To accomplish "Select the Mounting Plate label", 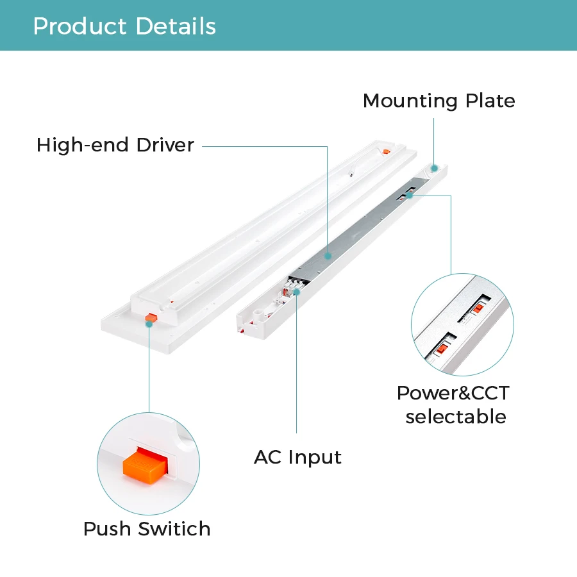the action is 439,101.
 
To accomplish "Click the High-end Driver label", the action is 115,145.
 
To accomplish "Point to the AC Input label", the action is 297,457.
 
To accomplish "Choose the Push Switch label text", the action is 147,529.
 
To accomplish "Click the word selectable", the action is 455,417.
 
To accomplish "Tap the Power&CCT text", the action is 453,393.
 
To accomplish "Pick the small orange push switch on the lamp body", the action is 151,317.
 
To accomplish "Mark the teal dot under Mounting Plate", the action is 434,168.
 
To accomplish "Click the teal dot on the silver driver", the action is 328,255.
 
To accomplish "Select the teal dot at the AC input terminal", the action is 297,292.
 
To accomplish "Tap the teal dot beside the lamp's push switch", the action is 149,324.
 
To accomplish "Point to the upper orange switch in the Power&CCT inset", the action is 478,308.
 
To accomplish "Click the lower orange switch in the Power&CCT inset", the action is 442,349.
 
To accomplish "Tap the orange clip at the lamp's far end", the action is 385,151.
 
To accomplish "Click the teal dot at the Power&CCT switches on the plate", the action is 409,195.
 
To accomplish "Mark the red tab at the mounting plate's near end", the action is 240,330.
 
